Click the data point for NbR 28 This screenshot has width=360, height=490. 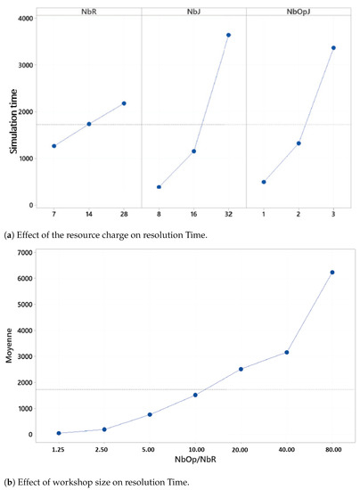[124, 103]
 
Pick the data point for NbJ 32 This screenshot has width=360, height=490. [228, 35]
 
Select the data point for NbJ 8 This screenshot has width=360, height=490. [159, 187]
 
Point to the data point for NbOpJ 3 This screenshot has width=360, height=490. [333, 48]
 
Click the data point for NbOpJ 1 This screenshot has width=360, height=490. [264, 182]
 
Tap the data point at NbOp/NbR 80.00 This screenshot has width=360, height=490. [332, 273]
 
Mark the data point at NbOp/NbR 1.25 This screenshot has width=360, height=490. [59, 433]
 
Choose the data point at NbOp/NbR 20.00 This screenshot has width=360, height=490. [241, 369]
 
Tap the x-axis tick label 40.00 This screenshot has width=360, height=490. [286, 451]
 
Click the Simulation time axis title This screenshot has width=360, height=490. [14, 116]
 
